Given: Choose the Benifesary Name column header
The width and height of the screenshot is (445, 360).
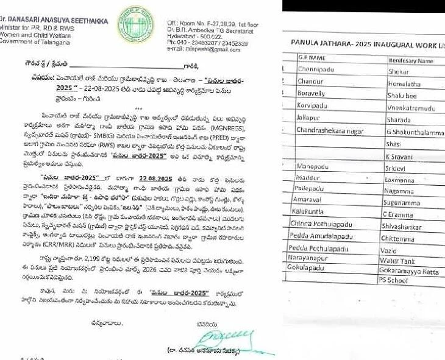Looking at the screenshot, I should (x=411, y=60).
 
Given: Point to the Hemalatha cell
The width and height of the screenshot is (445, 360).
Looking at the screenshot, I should (x=404, y=83).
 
